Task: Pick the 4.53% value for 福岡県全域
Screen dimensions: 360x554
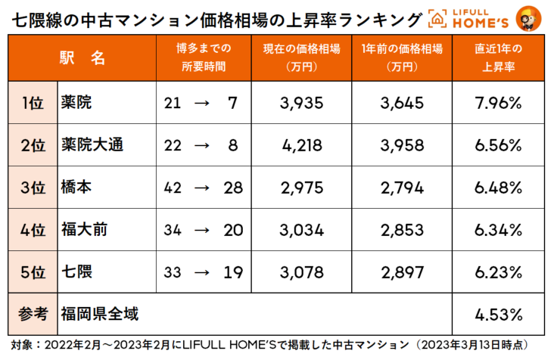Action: [x=498, y=312]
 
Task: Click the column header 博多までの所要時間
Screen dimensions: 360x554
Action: [x=204, y=58]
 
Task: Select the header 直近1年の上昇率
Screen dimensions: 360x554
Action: [x=498, y=58]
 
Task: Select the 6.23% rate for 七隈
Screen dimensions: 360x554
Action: [x=498, y=271]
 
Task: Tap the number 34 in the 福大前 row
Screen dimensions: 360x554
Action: [x=173, y=229]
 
